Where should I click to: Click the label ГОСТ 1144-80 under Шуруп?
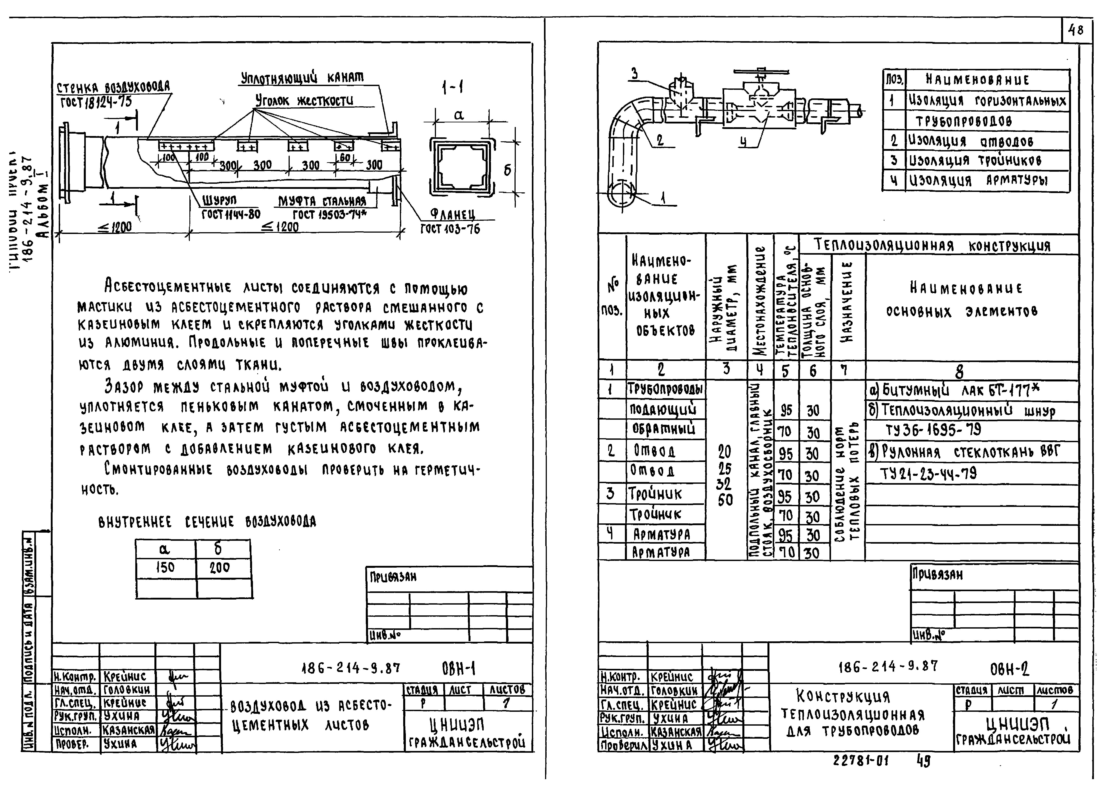231,214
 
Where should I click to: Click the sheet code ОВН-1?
459,669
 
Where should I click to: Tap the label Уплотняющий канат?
302,78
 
